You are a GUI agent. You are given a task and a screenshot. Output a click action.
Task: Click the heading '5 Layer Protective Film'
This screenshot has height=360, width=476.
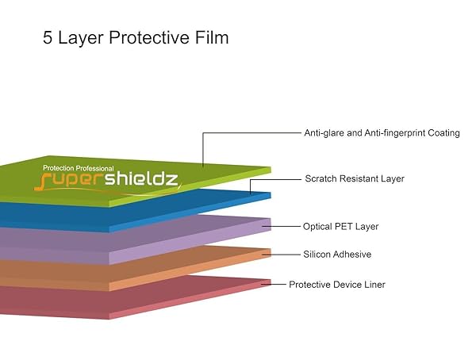(136, 38)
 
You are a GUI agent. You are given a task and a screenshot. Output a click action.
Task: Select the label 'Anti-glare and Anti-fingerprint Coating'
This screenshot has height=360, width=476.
(382, 133)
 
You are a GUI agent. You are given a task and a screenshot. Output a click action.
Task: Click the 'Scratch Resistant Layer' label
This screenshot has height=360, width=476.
(355, 179)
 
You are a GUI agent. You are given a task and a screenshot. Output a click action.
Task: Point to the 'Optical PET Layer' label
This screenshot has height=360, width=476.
(340, 227)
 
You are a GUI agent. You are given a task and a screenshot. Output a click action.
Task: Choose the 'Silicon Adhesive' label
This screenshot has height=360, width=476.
(337, 255)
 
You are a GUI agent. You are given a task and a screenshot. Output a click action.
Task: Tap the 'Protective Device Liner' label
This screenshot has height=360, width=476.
(337, 285)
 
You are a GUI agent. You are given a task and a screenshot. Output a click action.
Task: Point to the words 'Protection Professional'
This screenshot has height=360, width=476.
(79, 169)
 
